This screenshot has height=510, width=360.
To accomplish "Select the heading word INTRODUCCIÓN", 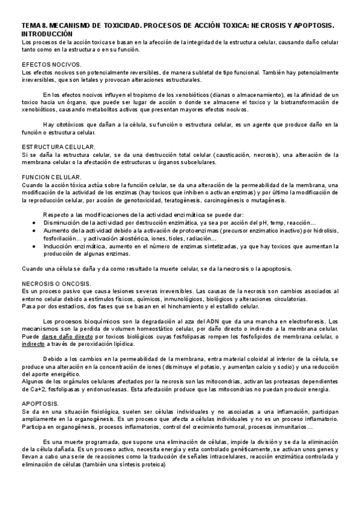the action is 46,35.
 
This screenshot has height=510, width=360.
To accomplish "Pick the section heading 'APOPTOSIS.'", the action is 40,387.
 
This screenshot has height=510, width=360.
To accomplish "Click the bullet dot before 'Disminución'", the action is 33,222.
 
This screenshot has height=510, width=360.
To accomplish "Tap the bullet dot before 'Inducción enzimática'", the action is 33,246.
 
